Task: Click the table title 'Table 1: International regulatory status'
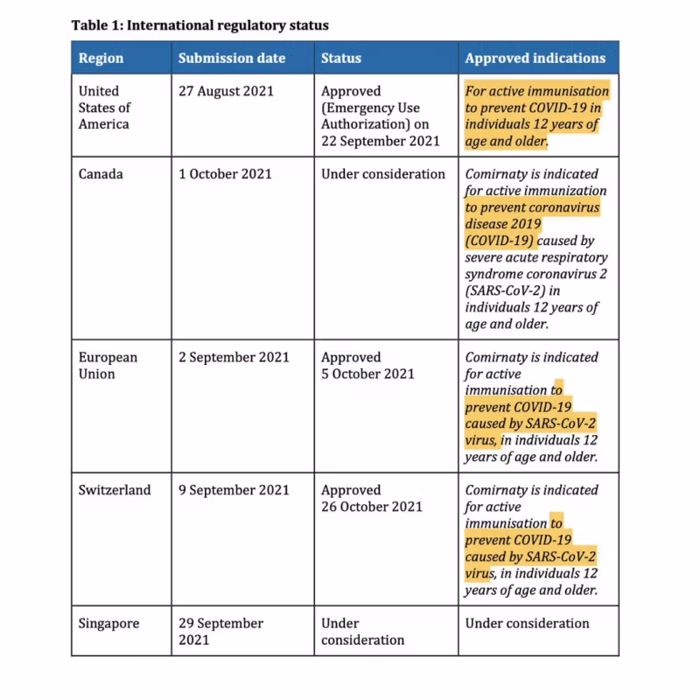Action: [x=199, y=25]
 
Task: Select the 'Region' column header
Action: [x=101, y=59]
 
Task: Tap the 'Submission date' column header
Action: [x=232, y=59]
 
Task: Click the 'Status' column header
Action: [x=340, y=59]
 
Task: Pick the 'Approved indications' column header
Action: [x=535, y=59]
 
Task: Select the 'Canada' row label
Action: [x=101, y=174]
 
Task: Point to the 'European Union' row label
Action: [x=108, y=366]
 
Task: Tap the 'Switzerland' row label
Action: [x=115, y=490]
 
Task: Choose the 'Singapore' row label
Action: [x=108, y=624]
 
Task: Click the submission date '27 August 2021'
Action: [x=226, y=91]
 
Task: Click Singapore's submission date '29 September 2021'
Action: [x=220, y=632]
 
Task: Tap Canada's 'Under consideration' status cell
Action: [x=383, y=174]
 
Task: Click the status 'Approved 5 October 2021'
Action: [x=367, y=366]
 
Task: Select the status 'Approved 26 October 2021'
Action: [x=371, y=499]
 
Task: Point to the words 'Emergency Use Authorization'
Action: [x=370, y=116]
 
